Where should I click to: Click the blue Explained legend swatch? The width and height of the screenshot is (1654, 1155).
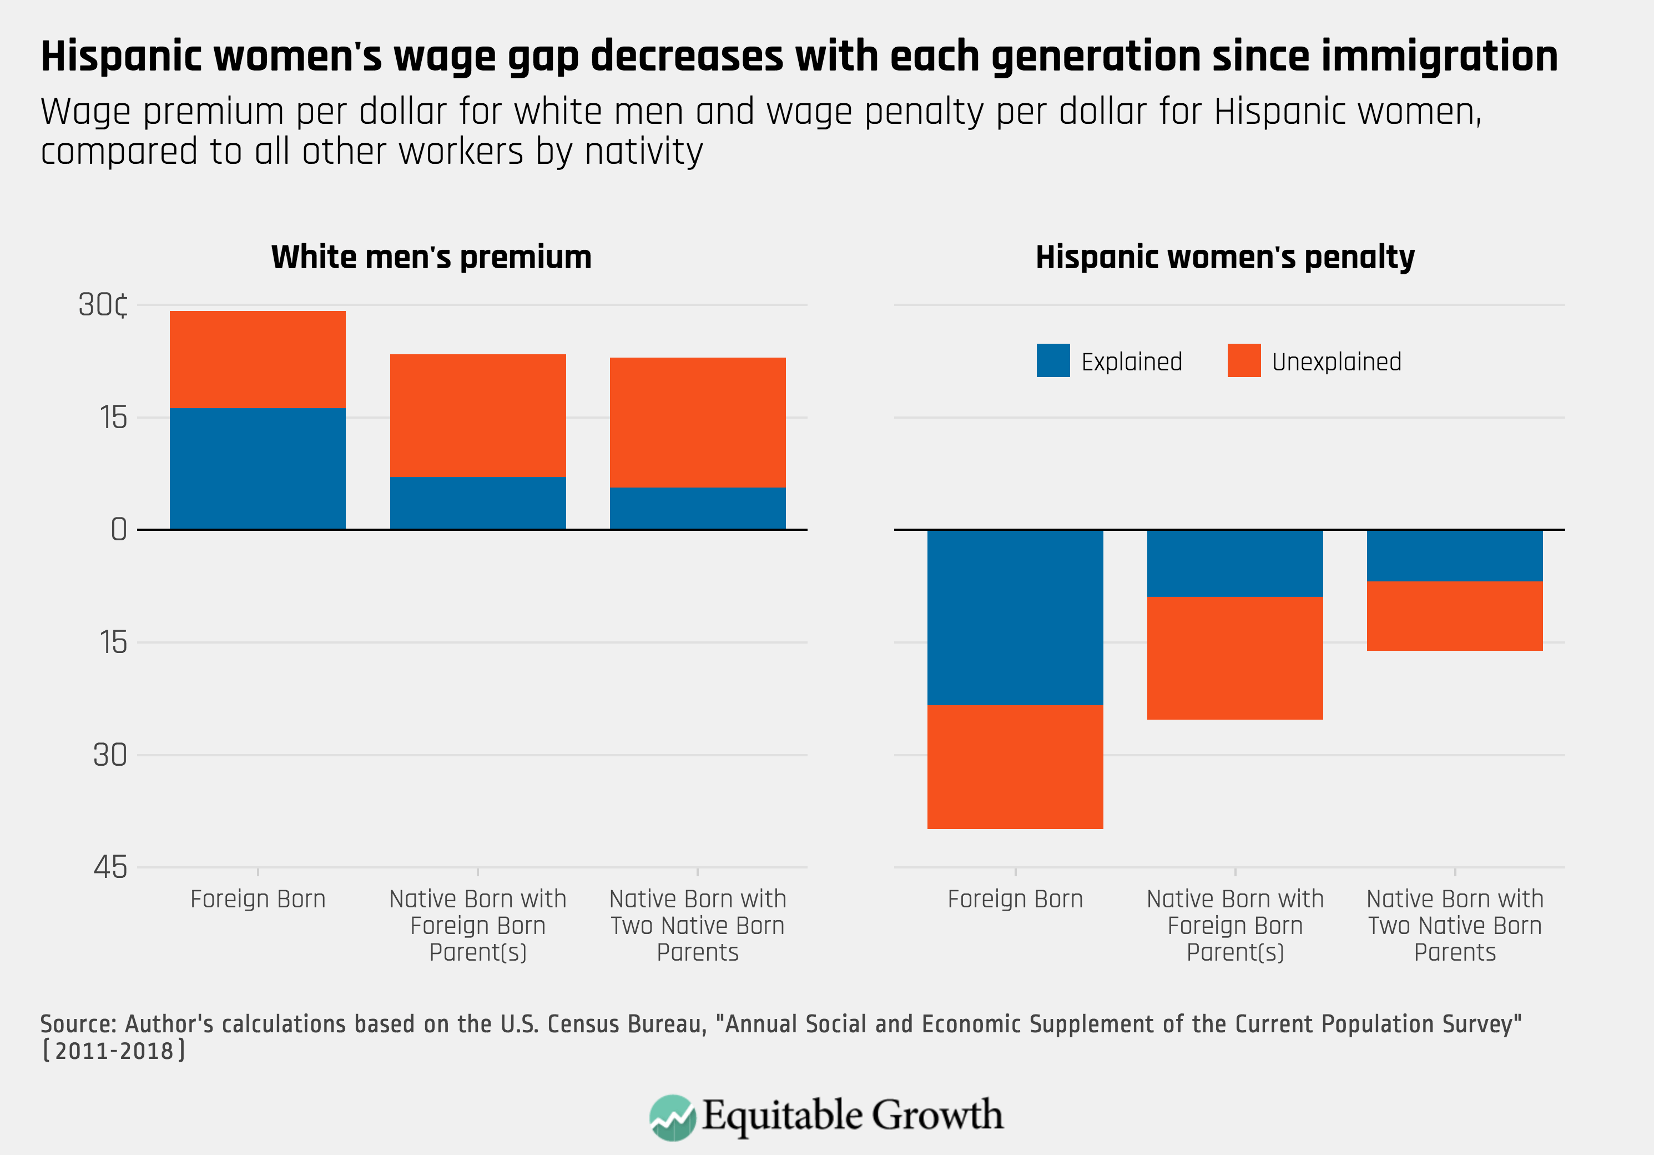1052,360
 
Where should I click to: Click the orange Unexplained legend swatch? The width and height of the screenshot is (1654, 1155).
1243,360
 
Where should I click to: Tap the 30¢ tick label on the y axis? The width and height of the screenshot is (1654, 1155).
104,305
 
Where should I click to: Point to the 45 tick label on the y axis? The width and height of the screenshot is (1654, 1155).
110,867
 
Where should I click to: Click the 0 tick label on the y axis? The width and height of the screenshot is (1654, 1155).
118,530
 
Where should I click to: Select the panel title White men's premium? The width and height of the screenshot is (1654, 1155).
431,257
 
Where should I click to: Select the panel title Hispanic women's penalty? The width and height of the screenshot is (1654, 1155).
1224,257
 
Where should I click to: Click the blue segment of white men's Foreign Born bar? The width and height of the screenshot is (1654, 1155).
257,468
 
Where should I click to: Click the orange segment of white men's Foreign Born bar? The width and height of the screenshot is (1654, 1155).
257,359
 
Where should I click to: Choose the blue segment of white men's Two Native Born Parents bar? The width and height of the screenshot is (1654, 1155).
697,508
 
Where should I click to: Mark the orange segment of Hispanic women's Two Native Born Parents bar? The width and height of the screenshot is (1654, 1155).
1454,616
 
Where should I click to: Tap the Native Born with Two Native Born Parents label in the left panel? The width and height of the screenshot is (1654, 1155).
697,925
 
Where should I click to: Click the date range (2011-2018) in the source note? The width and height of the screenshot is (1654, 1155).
114,1051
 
